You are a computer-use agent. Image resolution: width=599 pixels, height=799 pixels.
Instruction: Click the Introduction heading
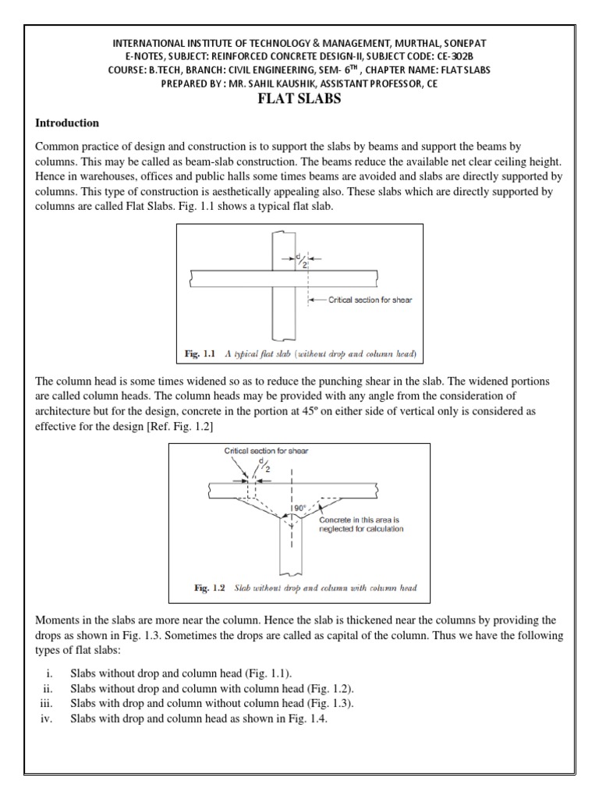point(67,123)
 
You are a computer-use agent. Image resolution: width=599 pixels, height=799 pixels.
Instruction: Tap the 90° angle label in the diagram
point(299,508)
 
